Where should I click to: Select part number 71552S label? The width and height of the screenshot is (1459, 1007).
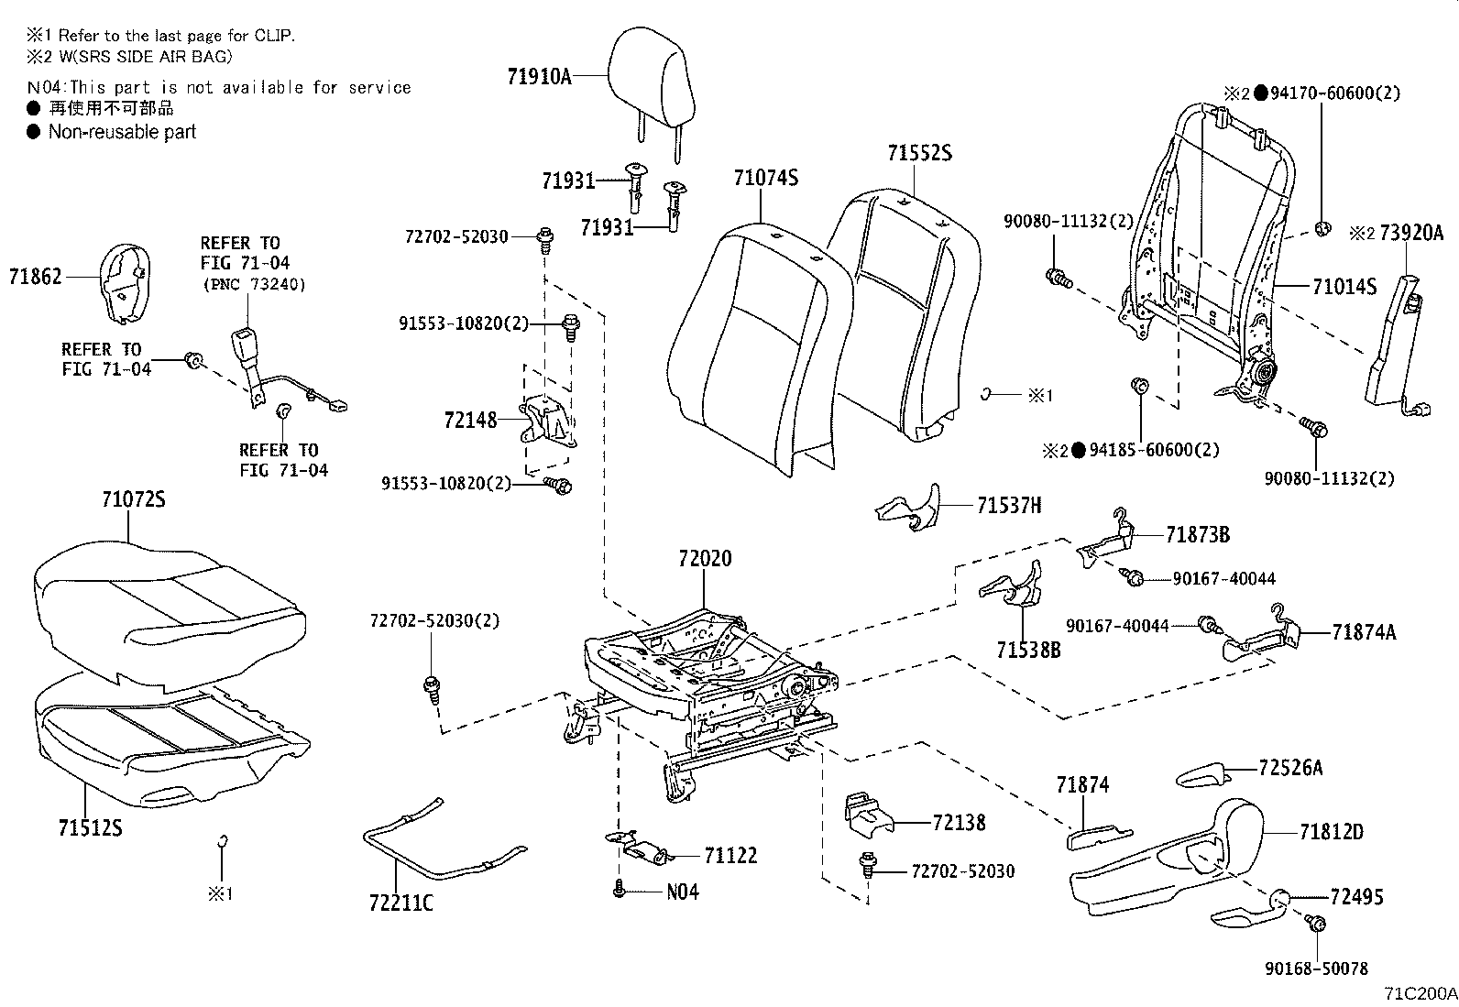coord(918,153)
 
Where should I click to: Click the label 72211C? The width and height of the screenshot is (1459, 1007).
coord(400,903)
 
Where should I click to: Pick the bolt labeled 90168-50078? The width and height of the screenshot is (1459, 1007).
coord(1315,925)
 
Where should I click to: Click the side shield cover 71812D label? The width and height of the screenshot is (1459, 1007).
coord(1331,832)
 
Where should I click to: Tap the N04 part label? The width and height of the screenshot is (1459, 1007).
coord(682,891)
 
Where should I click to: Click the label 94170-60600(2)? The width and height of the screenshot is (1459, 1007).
coord(1334,93)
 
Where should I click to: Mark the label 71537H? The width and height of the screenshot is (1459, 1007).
coord(1009,505)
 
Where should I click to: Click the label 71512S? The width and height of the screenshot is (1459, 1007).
coord(90,828)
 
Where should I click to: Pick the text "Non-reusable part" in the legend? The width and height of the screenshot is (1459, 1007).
coord(122,132)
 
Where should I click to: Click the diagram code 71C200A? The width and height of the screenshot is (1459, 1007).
coord(1420,993)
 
